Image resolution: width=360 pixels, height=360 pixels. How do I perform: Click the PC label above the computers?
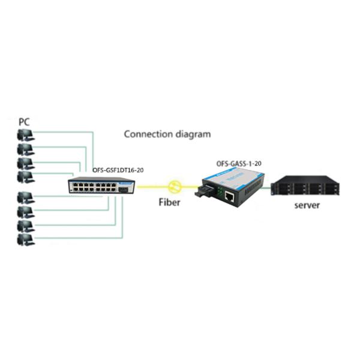pyautogui.click(x=24, y=121)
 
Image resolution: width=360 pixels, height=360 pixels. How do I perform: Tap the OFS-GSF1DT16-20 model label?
pyautogui.click(x=118, y=170)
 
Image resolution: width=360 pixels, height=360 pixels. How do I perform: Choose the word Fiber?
pyautogui.click(x=169, y=202)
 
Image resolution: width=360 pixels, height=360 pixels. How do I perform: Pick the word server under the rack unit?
pyautogui.click(x=307, y=206)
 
